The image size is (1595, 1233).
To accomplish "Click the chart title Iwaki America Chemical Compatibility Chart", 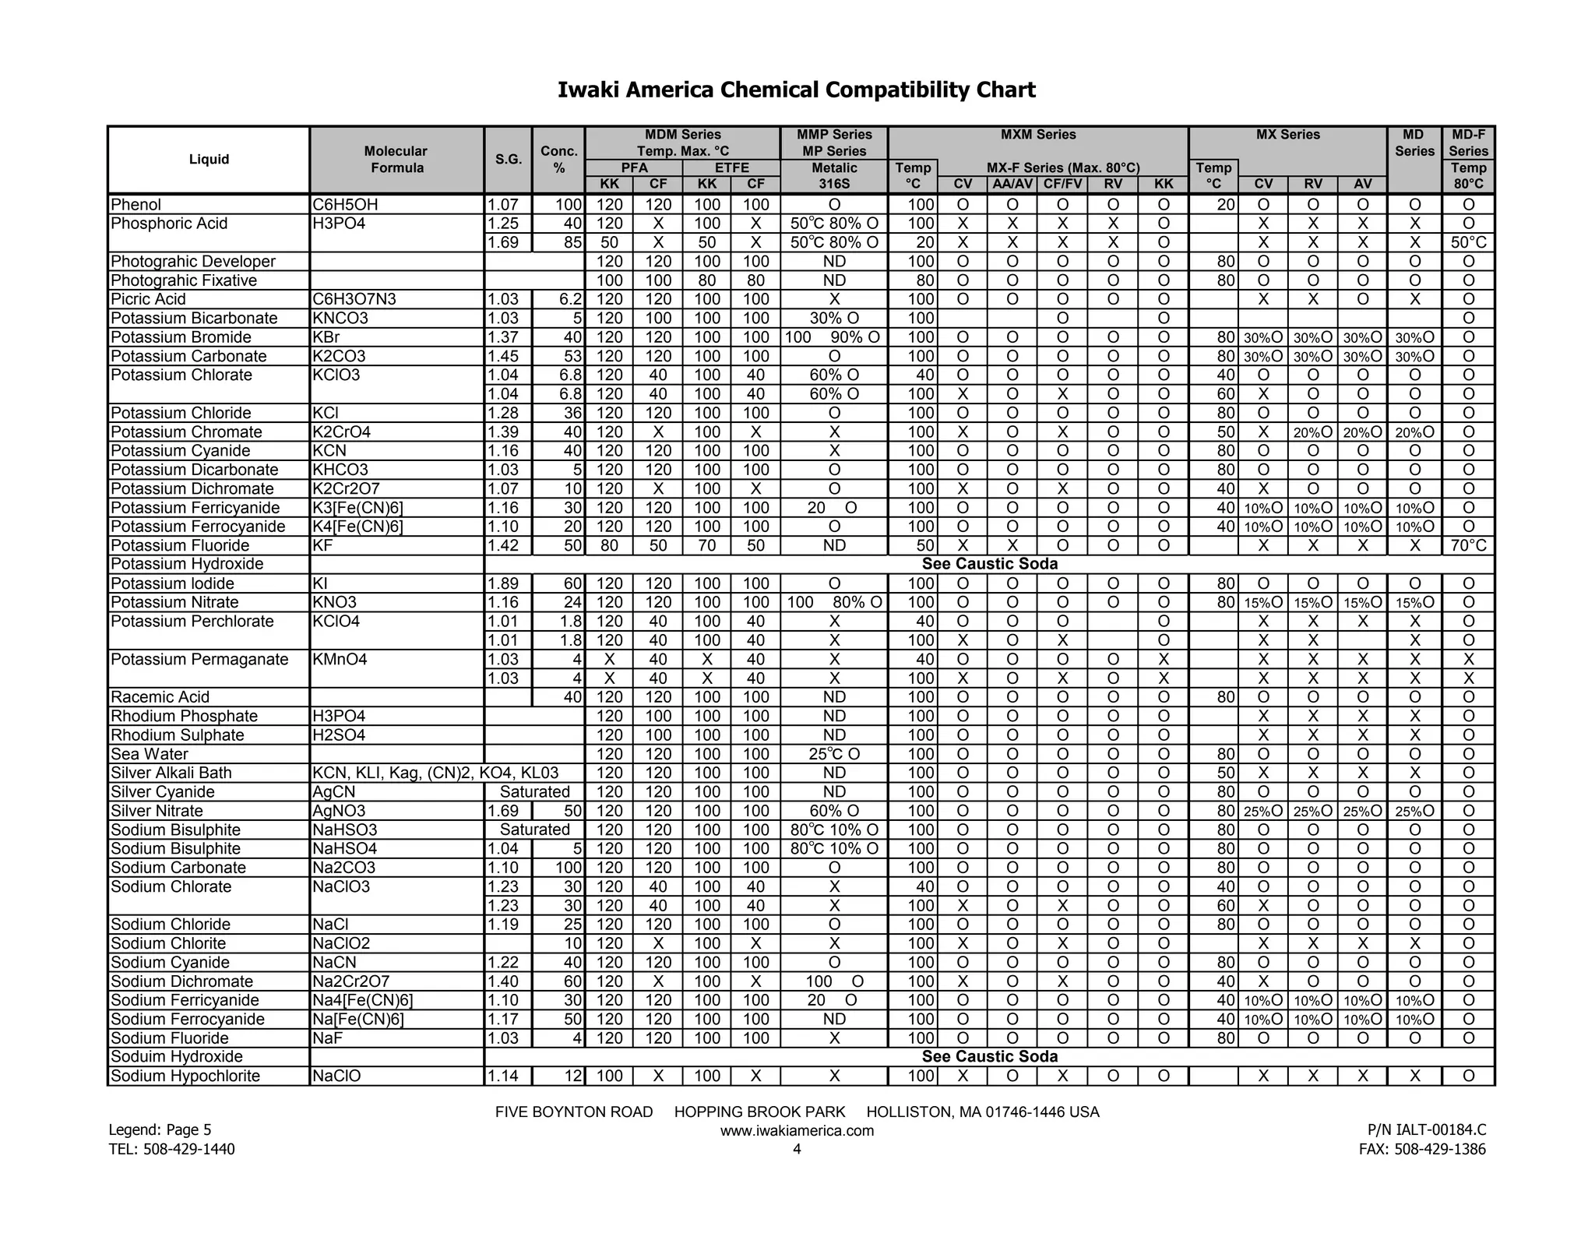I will (796, 90).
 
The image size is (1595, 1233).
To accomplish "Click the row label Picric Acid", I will (148, 299).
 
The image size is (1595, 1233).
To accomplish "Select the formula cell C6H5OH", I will (345, 205).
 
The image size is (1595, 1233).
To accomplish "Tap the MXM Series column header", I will (1037, 135).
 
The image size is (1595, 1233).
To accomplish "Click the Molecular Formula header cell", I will (396, 160).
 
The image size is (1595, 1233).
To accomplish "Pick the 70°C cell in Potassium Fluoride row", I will (1468, 545).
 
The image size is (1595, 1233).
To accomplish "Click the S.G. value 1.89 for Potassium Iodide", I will (503, 583).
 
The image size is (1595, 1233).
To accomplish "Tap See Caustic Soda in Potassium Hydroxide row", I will (989, 564).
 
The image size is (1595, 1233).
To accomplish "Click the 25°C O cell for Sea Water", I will (833, 754).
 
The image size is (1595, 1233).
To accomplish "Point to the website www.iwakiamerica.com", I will (797, 1131).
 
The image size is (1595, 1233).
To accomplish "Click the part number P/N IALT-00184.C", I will (1426, 1129).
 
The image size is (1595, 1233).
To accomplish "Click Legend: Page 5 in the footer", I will (160, 1129).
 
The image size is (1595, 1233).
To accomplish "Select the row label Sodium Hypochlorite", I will (185, 1076).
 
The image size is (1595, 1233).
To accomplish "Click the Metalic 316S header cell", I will (833, 176).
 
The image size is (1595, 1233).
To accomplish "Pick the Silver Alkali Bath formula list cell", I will (435, 773).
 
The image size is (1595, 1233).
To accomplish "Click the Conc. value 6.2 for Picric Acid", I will (570, 299).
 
